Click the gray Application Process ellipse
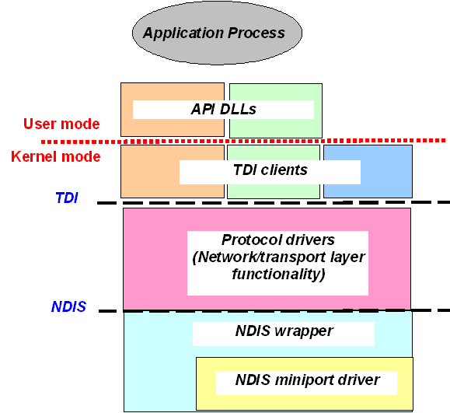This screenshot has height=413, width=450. click(x=217, y=33)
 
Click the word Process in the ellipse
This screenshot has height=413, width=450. click(x=256, y=33)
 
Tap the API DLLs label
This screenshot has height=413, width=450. click(x=224, y=109)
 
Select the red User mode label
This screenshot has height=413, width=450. click(x=61, y=124)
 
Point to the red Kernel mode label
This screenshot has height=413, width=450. click(x=56, y=156)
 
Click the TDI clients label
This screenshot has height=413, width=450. click(x=270, y=170)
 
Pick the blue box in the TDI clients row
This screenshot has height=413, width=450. click(x=368, y=171)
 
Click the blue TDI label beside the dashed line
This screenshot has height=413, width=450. click(x=67, y=198)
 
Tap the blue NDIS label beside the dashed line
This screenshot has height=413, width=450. click(x=68, y=306)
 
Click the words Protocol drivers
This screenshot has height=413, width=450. click(x=277, y=240)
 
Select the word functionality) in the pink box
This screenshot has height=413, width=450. click(x=278, y=274)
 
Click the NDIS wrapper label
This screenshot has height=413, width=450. click(x=284, y=331)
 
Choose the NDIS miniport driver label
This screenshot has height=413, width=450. click(x=307, y=380)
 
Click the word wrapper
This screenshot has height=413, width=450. click(x=304, y=331)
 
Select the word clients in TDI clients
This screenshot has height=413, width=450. click(x=284, y=170)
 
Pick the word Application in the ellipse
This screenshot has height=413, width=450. click(x=184, y=33)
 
